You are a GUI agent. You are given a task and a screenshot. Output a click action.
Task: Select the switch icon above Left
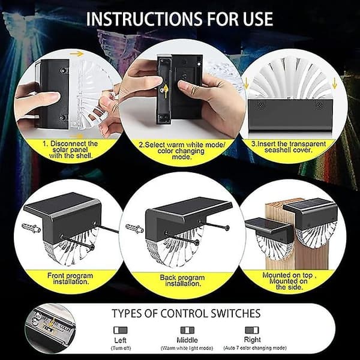pyautogui.click(x=121, y=330)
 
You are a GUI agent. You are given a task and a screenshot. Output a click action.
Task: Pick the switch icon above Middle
pyautogui.click(x=187, y=330)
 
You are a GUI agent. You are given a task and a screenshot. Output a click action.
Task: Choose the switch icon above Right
pyautogui.click(x=252, y=330)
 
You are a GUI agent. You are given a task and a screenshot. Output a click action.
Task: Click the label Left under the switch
pyautogui.click(x=121, y=340)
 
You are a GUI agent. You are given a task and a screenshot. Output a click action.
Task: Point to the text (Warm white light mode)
pyautogui.click(x=187, y=348)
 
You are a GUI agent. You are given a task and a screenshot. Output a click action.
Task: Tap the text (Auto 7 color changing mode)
pyautogui.click(x=255, y=348)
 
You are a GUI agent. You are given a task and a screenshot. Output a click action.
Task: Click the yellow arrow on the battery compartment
pyautogui.click(x=166, y=91)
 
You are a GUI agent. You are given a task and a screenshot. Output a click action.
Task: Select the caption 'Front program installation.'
pyautogui.click(x=70, y=278)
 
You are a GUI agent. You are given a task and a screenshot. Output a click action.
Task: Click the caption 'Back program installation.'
pyautogui.click(x=182, y=281)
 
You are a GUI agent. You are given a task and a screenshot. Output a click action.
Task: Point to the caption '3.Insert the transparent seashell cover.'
pyautogui.click(x=289, y=147)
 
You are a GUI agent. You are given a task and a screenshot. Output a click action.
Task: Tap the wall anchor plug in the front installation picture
pyautogui.click(x=31, y=228)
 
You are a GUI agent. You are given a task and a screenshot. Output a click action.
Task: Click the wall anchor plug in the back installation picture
pyautogui.click(x=135, y=229)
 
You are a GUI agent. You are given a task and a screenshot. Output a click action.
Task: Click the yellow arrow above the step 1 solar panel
pyautogui.click(x=77, y=54)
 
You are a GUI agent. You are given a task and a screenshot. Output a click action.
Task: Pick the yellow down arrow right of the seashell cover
pyautogui.click(x=334, y=83)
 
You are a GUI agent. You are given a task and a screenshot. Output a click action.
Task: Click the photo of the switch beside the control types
pyautogui.click(x=50, y=328)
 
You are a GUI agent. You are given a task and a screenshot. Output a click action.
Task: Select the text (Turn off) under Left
pyautogui.click(x=121, y=348)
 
